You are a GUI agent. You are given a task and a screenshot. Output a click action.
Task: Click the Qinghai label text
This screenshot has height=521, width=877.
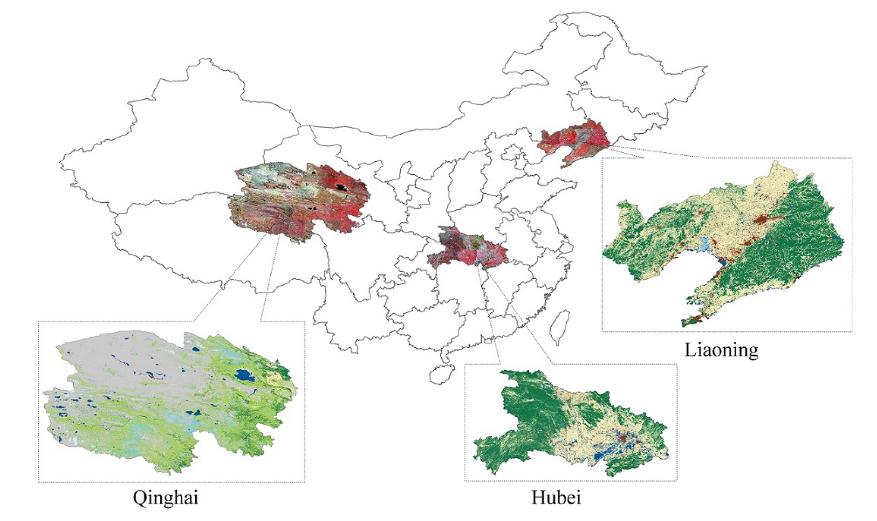(x=165, y=498)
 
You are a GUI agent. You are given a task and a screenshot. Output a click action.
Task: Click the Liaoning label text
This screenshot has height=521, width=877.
(x=721, y=350)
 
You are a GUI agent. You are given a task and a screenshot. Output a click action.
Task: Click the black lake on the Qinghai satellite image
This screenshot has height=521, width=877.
(x=342, y=187)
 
